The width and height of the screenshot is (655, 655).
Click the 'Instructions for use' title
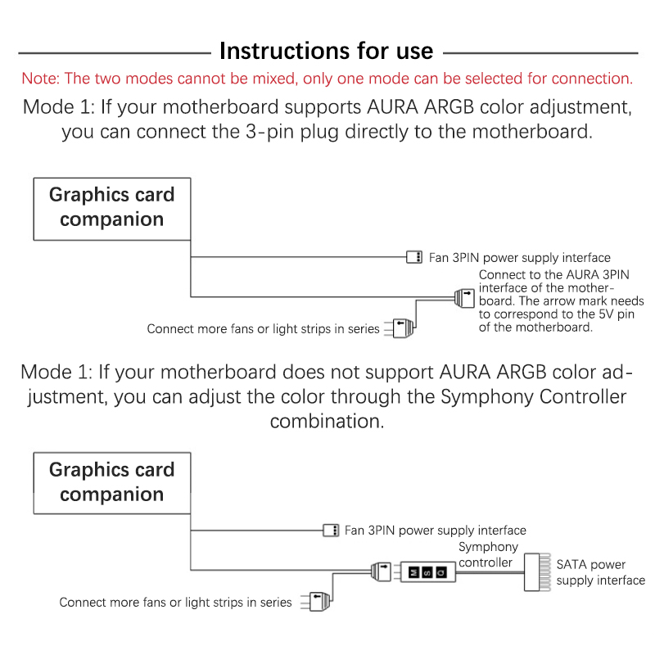pos(327,51)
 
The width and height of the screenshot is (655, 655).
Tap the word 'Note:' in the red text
pos(41,79)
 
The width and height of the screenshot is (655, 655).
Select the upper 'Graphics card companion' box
pos(111,208)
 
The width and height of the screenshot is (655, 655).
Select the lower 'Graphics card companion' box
pos(111,482)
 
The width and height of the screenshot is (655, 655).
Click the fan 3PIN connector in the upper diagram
pos(414,257)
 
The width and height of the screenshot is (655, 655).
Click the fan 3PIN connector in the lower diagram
pos(330,530)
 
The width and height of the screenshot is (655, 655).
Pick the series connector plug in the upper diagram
pos(404,327)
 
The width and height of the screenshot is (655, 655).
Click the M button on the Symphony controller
pos(413,571)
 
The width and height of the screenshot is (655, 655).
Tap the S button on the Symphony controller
pos(427,571)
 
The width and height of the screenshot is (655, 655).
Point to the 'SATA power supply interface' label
pos(600,572)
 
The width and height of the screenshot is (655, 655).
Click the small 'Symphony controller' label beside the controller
pos(488,554)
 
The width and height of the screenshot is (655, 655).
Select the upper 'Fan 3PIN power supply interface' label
pos(520,257)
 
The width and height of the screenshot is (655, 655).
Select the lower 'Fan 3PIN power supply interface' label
pos(436,531)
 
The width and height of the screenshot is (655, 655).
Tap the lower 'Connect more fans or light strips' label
pos(175,603)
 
